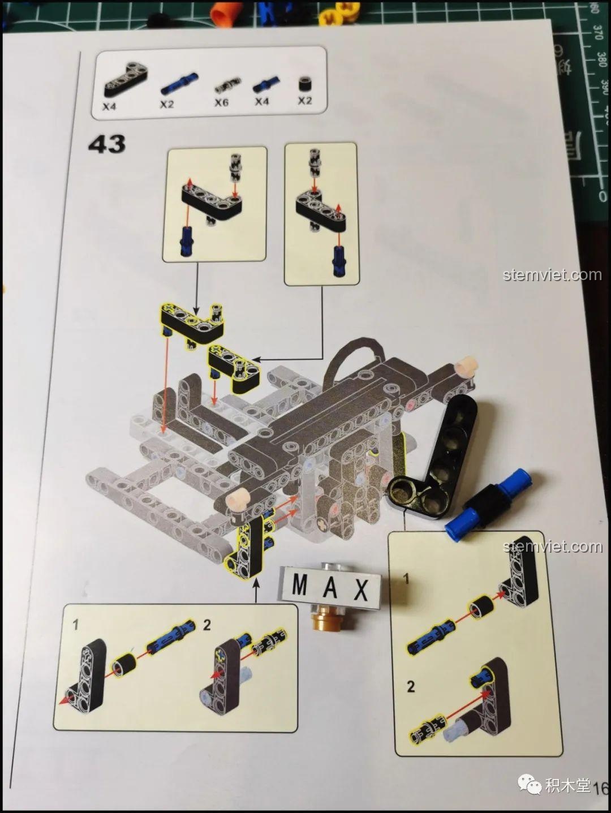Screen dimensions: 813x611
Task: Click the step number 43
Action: [x=107, y=144]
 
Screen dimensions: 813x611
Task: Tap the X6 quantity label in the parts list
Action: [x=221, y=103]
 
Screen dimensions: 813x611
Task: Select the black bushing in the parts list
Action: [x=305, y=84]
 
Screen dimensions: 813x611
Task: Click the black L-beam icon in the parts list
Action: [x=124, y=80]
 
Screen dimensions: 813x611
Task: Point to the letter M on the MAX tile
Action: [x=300, y=586]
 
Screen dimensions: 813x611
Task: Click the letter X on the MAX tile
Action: [x=360, y=591]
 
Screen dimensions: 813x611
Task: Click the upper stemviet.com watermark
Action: [x=552, y=275]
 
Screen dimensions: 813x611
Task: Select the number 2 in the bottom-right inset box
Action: [x=411, y=687]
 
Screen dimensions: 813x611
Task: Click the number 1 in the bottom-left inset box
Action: [x=76, y=625]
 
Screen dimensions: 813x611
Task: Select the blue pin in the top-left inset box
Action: [x=186, y=242]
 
